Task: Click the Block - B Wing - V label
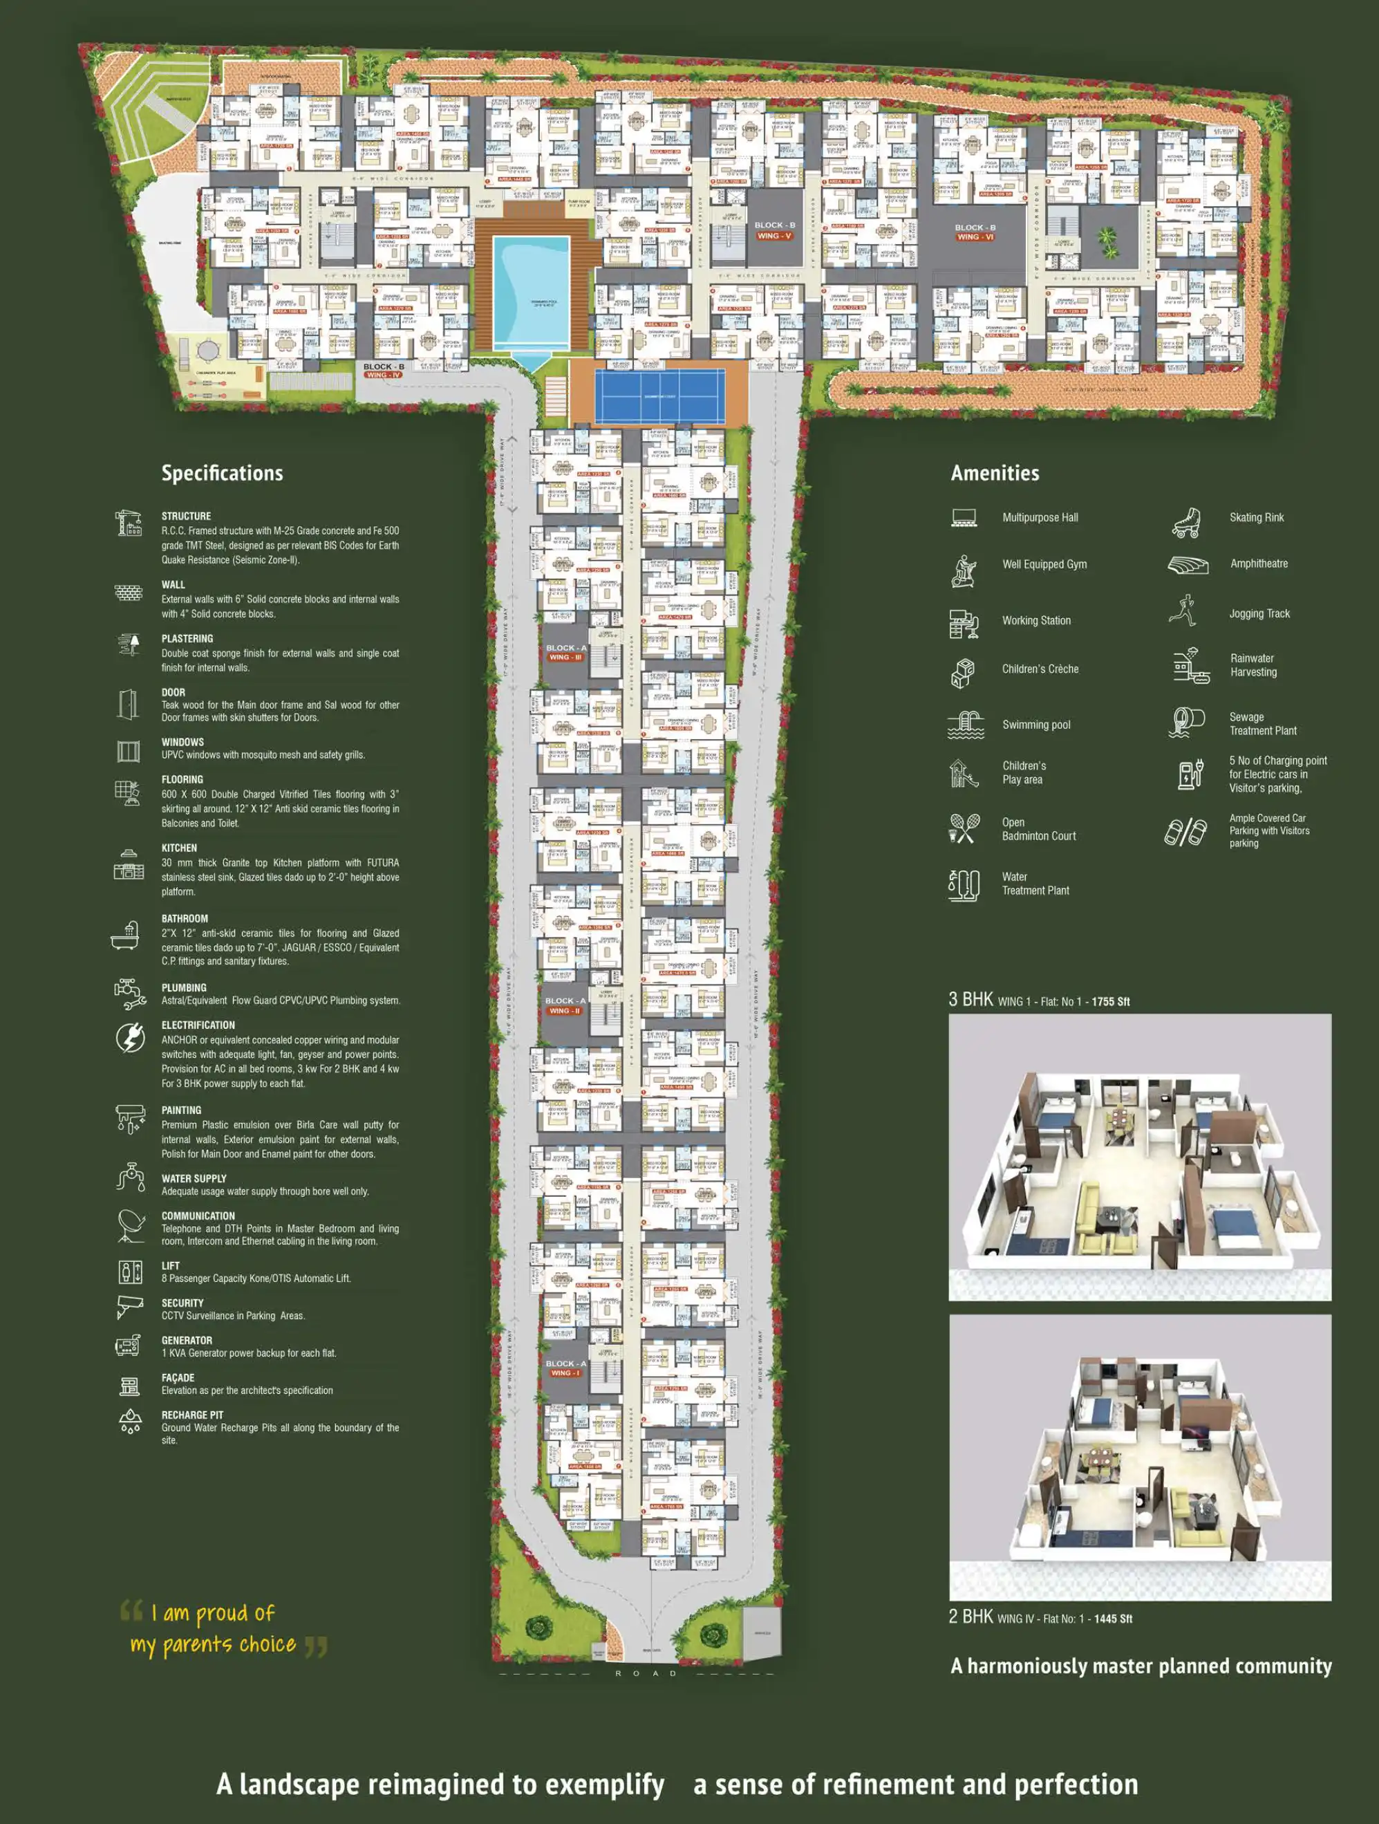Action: click(x=774, y=230)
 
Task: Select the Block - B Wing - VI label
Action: click(x=975, y=232)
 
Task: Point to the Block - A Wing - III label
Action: click(x=565, y=652)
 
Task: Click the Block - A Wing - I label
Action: click(x=565, y=1368)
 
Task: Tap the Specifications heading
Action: click(x=222, y=474)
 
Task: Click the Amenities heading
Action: click(x=995, y=474)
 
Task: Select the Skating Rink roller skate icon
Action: click(x=1185, y=523)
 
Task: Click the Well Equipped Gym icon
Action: click(x=964, y=570)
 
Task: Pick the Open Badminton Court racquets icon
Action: click(x=964, y=829)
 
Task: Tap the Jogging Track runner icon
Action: click(x=1183, y=611)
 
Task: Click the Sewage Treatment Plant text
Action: click(x=1262, y=724)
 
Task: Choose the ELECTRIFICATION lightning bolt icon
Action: click(x=130, y=1037)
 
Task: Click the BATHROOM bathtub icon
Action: click(x=125, y=936)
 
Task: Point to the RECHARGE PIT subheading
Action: click(x=192, y=1415)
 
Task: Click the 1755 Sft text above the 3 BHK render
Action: click(x=1110, y=1002)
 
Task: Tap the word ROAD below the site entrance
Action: click(x=646, y=1673)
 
